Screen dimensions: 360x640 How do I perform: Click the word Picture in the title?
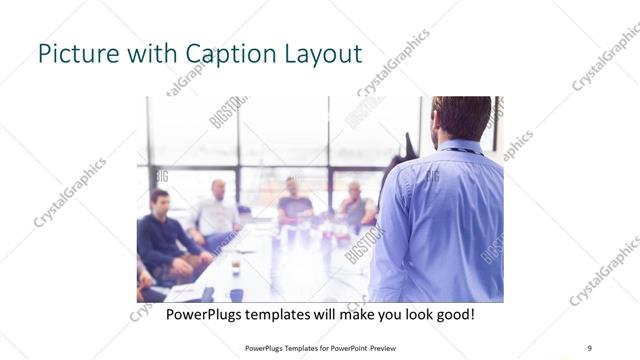click(72, 53)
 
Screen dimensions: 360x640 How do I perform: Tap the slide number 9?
click(589, 347)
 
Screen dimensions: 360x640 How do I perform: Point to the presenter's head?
click(461, 116)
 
